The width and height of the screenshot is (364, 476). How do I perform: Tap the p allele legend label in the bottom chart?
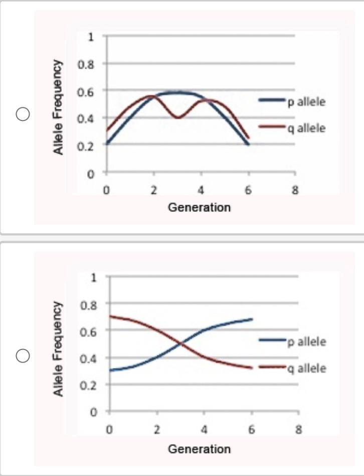306,342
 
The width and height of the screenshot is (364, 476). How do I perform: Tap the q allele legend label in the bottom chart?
306,369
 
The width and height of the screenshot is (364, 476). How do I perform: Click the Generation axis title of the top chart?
199,207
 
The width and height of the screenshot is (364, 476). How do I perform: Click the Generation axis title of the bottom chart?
199,448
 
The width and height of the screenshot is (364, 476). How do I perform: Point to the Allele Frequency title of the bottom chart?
59,349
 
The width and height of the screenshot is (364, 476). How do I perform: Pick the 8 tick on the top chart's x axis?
295,191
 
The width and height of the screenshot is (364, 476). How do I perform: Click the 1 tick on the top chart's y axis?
91,36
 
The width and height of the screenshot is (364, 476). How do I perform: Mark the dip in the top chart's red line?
178,117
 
